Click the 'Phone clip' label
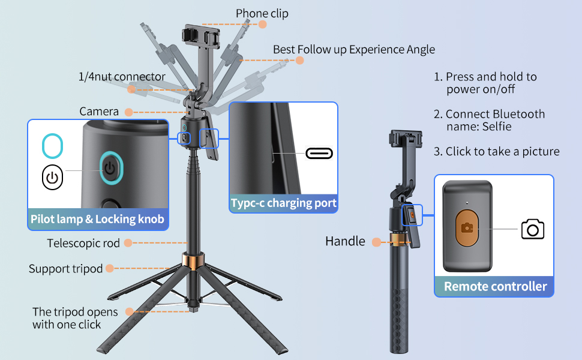pos(262,13)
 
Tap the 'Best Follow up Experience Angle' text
pos(354,49)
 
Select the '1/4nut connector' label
pos(122,77)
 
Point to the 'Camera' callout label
pos(99,112)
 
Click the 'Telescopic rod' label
pos(83,243)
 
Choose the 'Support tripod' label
pos(66,269)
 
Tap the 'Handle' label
pos(345,241)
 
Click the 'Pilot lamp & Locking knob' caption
pos(98,219)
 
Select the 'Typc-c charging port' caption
pos(284,203)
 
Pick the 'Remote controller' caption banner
pos(495,287)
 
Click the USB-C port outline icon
pos(319,153)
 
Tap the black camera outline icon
pos(532,229)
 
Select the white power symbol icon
pos(52,178)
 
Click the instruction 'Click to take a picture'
pos(497,152)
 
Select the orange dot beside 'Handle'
pos(376,242)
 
